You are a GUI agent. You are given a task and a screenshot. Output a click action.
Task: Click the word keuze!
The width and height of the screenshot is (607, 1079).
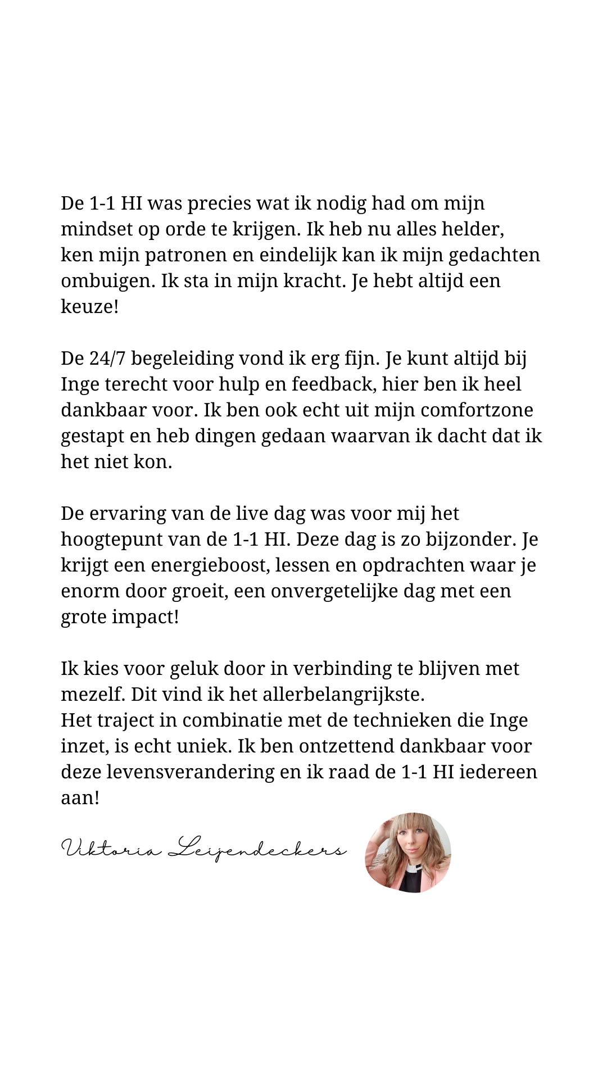coord(89,307)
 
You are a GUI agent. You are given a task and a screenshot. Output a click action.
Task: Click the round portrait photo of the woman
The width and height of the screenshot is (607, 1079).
coord(408,853)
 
